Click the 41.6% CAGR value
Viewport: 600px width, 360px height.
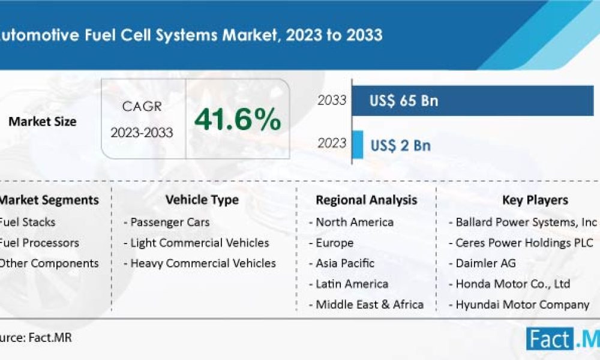coord(238,121)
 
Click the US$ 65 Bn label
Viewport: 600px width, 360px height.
coord(404,101)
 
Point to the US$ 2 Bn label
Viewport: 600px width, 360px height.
coord(400,145)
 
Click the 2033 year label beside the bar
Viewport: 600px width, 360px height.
coord(332,100)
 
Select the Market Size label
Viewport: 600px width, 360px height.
coord(42,121)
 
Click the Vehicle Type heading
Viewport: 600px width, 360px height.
coord(202,200)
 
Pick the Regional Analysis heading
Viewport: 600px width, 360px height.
coord(367,200)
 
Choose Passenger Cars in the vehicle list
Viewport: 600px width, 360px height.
coord(170,222)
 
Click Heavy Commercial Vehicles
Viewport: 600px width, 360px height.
coord(203,263)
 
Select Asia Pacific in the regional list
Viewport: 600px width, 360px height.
coord(345,263)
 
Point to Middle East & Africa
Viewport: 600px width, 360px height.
coord(370,304)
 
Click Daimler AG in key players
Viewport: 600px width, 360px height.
coord(485,263)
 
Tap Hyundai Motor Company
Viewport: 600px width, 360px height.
coord(522,304)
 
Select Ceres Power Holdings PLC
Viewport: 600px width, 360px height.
coord(524,242)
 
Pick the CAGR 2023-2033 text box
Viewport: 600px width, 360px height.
coord(142,120)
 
